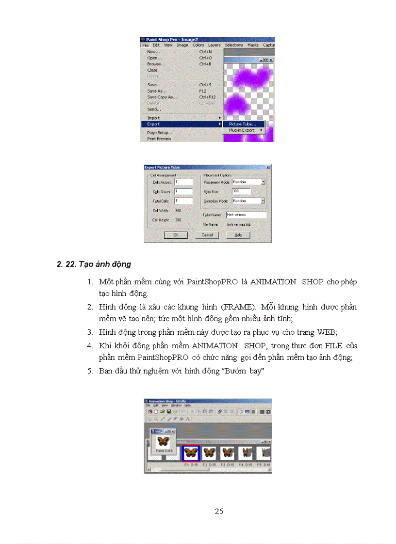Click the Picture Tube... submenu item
coord(243,124)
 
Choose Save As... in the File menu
coord(157,91)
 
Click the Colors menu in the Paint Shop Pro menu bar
coord(198,45)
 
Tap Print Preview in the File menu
coord(159,139)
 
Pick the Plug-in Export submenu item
coord(242,130)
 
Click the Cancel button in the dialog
coord(207,235)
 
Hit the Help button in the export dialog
coord(238,235)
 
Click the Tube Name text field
coord(246,215)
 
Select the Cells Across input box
coord(183,182)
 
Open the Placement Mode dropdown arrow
coord(263,182)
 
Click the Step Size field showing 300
coord(241,191)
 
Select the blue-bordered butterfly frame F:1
coord(191,453)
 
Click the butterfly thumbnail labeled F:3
coord(227,453)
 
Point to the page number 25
coord(219,512)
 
